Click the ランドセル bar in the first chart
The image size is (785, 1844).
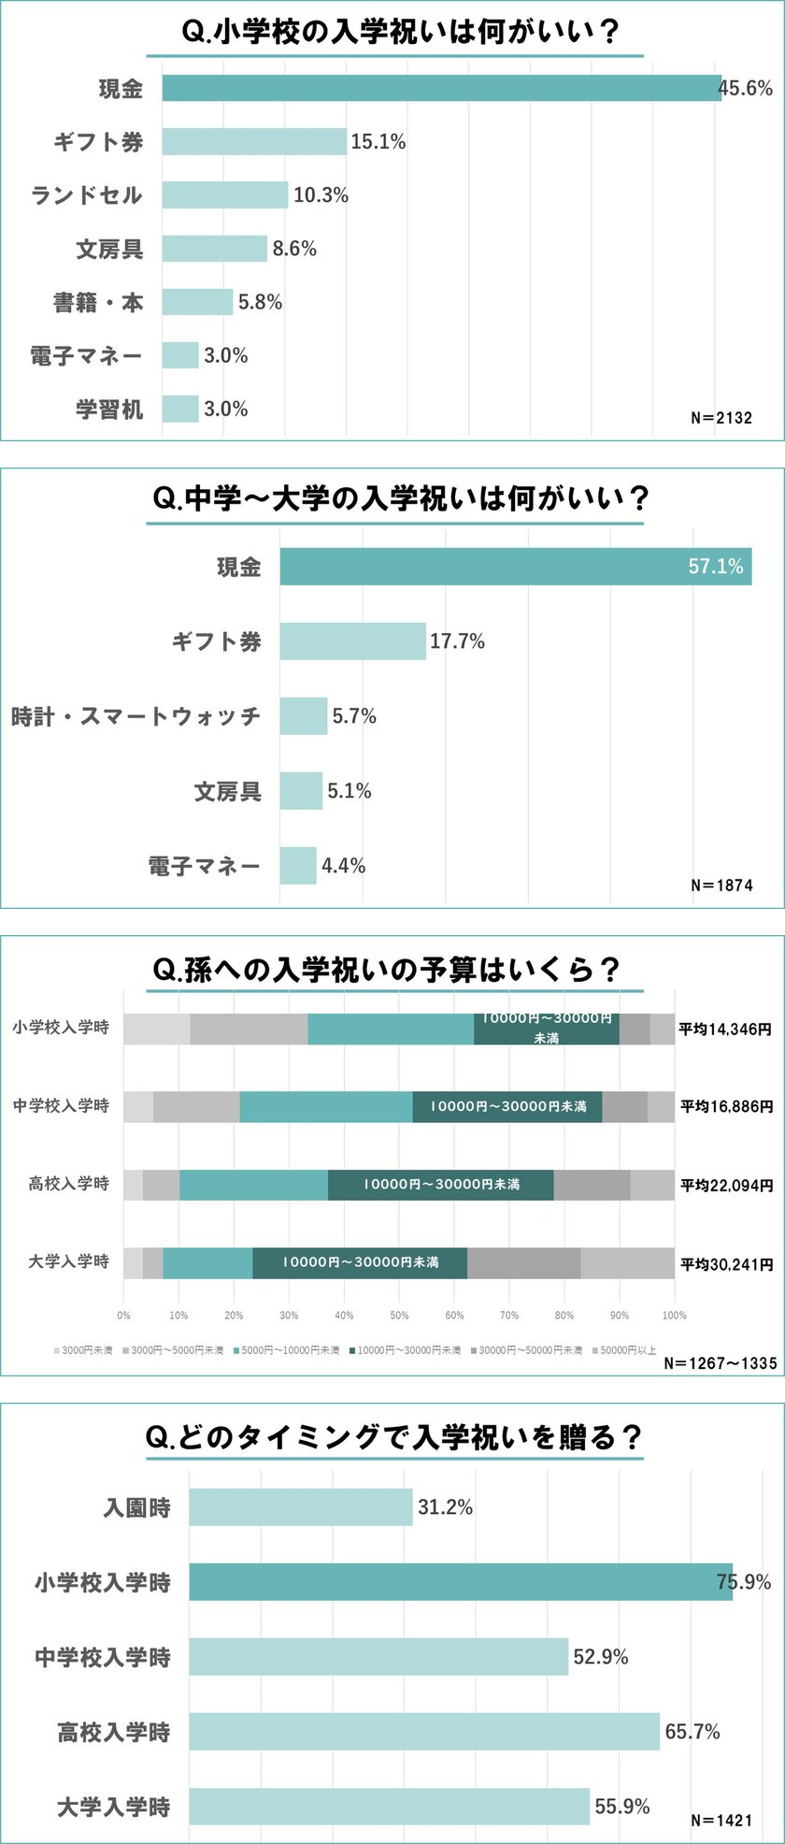(x=224, y=194)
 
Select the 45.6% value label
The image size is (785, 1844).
(x=746, y=89)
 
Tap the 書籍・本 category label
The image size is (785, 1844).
(x=98, y=302)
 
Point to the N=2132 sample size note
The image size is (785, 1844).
(x=721, y=418)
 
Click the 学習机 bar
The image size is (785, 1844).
(x=180, y=409)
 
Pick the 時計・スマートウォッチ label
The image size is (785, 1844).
(x=136, y=716)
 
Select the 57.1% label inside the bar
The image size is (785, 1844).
(x=716, y=567)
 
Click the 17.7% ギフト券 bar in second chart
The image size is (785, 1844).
(x=352, y=641)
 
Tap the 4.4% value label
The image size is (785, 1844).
(x=344, y=866)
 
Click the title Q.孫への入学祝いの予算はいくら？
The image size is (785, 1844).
(x=386, y=970)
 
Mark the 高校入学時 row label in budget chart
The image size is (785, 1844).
(x=69, y=1184)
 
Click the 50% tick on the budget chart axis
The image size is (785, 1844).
(x=399, y=1315)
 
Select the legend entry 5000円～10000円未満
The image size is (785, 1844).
(x=291, y=1350)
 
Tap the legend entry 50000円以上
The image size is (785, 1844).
(x=628, y=1350)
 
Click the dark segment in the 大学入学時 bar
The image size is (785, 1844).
(x=360, y=1262)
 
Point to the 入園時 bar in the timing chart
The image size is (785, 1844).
(x=300, y=1507)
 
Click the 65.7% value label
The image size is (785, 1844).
(x=692, y=1732)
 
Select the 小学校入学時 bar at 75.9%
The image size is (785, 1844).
(x=460, y=1582)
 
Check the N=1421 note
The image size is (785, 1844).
(x=721, y=1820)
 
